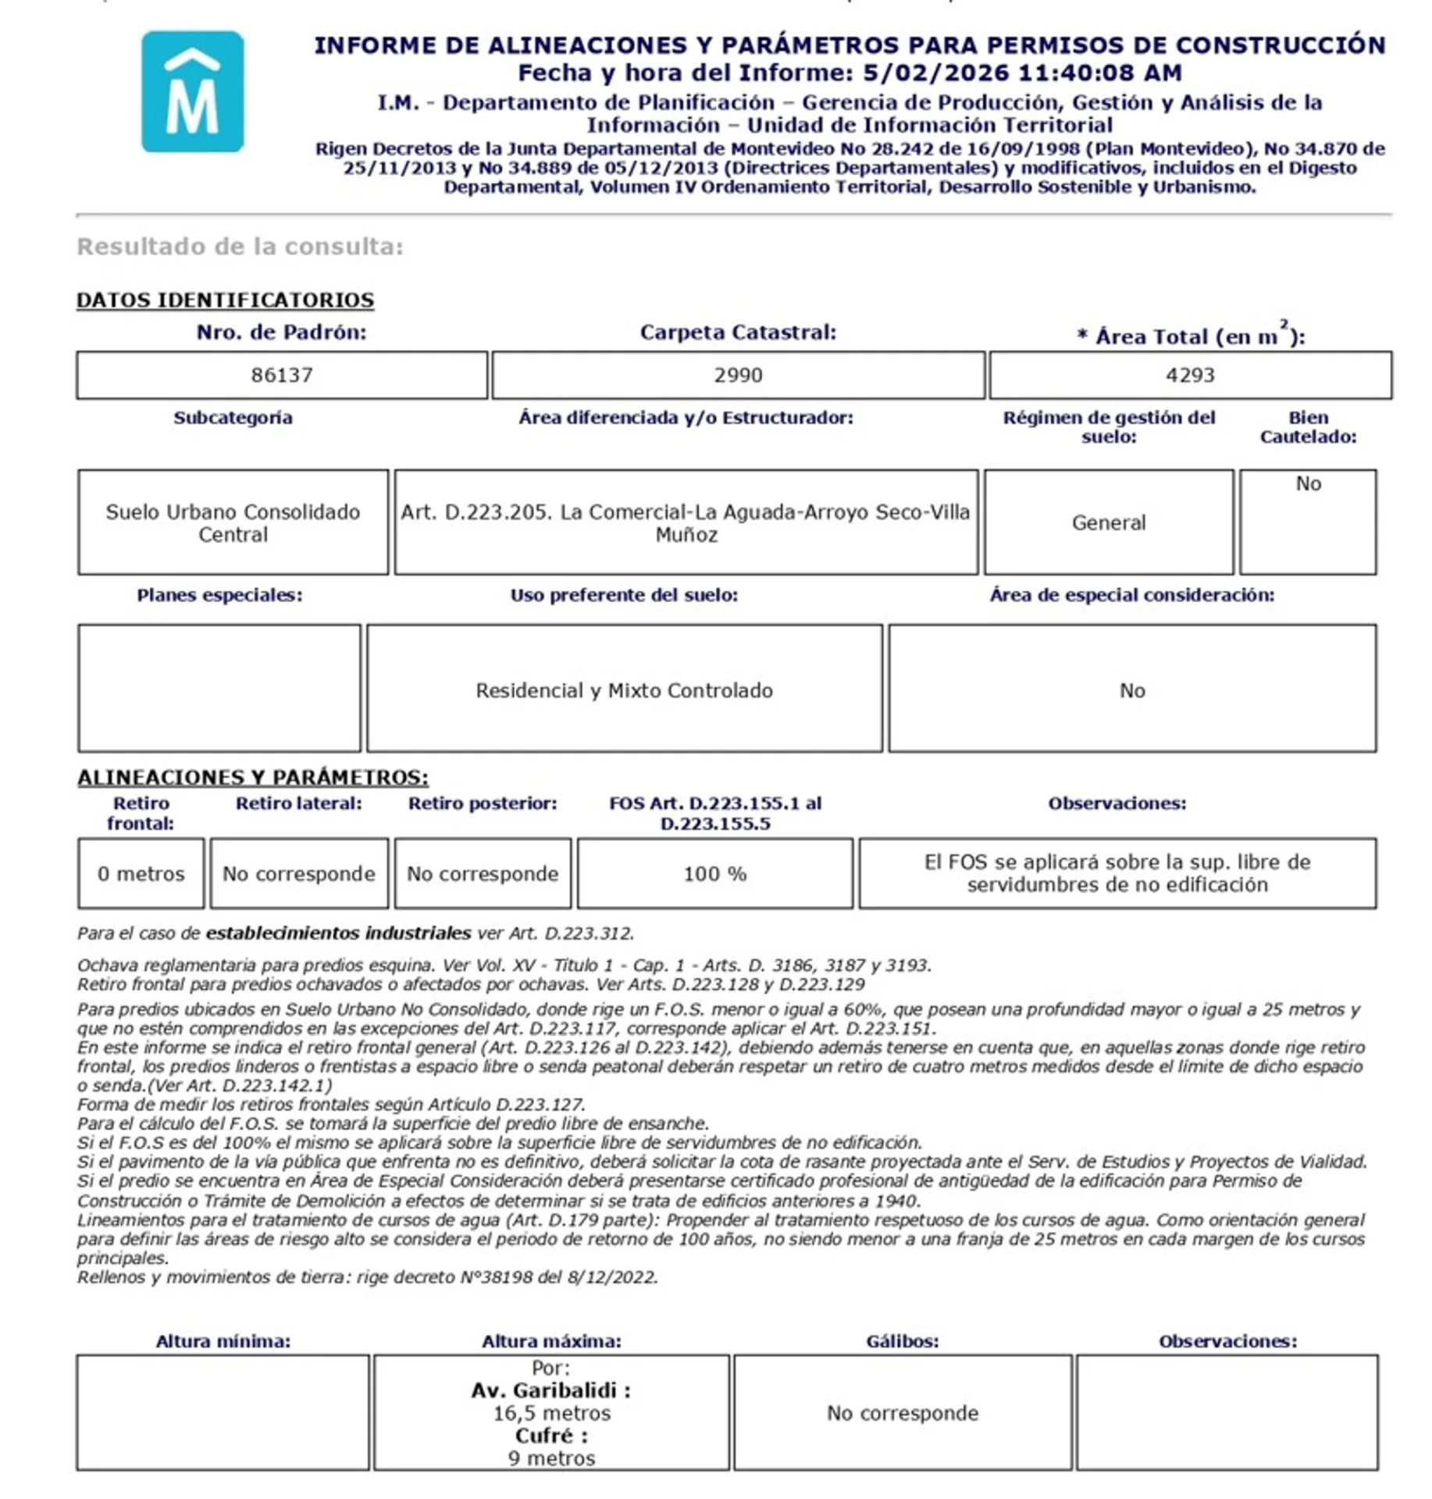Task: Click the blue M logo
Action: tap(192, 91)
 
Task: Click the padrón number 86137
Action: tap(282, 375)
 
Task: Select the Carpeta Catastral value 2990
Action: tap(737, 375)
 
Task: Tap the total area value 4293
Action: tap(1189, 375)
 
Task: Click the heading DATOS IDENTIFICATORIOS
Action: tap(225, 300)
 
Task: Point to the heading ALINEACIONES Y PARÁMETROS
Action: tap(252, 777)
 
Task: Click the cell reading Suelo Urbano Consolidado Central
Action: tap(233, 523)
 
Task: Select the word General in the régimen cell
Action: tap(1108, 522)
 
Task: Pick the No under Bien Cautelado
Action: tap(1308, 483)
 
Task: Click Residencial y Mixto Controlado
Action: tap(624, 690)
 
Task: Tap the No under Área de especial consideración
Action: tap(1131, 690)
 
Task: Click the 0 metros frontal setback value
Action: tap(141, 874)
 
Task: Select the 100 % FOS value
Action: tap(714, 874)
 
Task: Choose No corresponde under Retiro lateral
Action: tap(298, 874)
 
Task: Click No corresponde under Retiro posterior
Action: tap(483, 874)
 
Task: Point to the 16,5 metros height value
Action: tap(551, 1413)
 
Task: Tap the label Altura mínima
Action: tap(223, 1341)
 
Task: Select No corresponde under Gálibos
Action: tap(902, 1413)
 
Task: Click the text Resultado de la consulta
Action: tap(240, 247)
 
